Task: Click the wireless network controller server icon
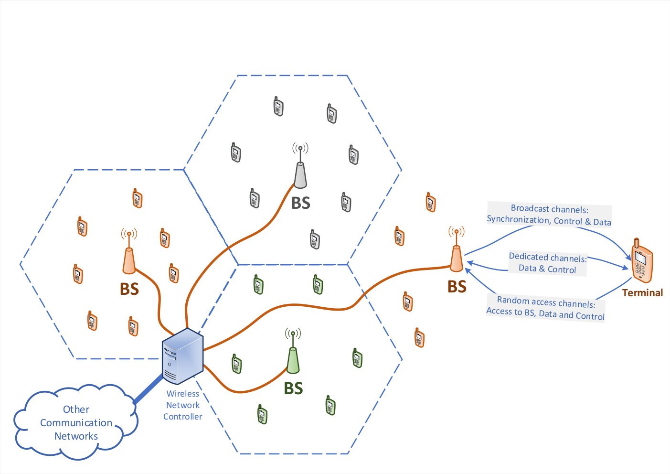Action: click(182, 356)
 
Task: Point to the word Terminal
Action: click(642, 292)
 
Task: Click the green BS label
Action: click(293, 388)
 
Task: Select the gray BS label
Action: click(300, 203)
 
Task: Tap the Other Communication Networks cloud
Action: click(76, 422)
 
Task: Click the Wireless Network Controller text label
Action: click(183, 405)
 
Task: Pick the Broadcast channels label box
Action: click(549, 215)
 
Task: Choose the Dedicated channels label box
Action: click(548, 263)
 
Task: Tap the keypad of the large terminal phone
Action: click(640, 269)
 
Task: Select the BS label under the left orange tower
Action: click(129, 289)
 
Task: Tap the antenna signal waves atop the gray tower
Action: click(300, 148)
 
